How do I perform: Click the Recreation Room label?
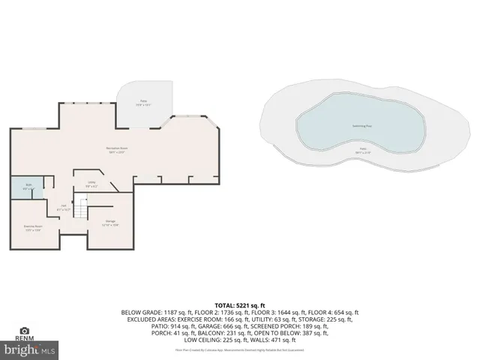coord(115,149)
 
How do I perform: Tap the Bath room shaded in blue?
coord(28,188)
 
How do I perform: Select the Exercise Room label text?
coord(32,226)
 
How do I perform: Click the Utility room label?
coord(91,184)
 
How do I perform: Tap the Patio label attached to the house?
coord(142,100)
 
